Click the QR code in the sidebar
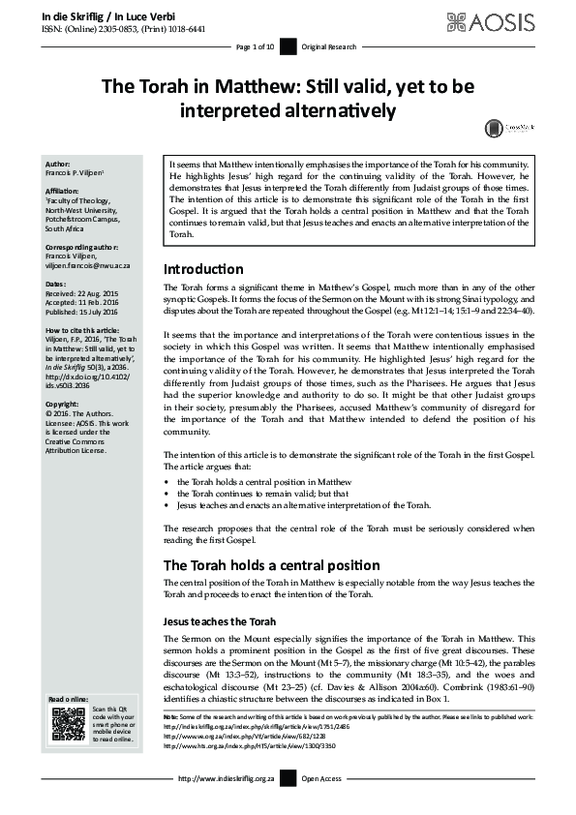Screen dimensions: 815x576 pos(69,725)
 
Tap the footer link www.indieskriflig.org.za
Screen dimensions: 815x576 pos(230,779)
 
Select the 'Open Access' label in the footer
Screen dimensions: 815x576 pos(322,779)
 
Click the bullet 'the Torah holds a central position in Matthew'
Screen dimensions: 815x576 pos(263,481)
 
